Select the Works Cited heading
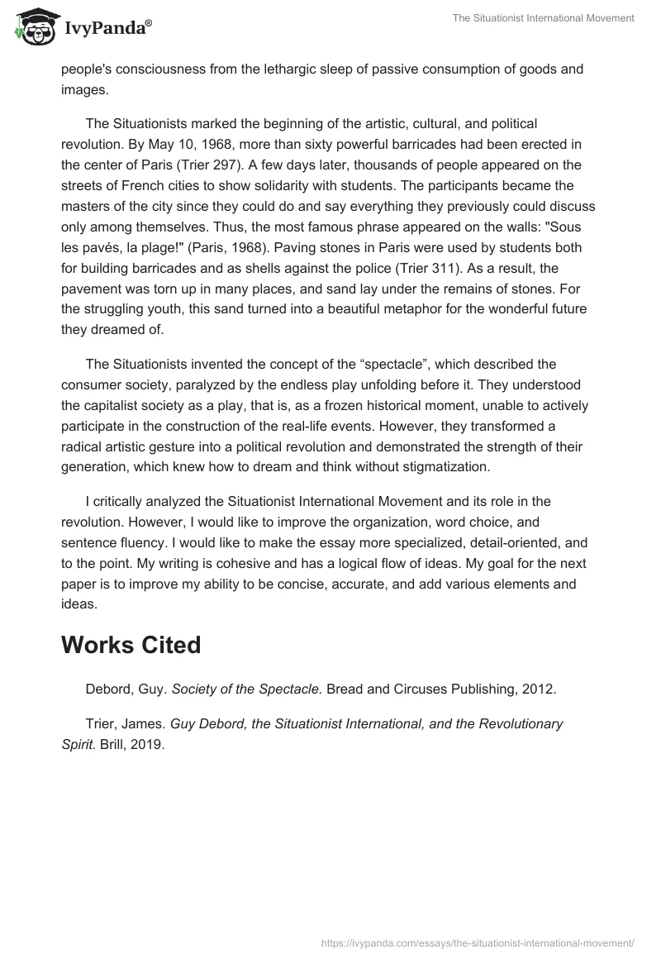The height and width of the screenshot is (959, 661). [x=131, y=645]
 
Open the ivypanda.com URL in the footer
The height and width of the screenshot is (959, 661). [x=476, y=942]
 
